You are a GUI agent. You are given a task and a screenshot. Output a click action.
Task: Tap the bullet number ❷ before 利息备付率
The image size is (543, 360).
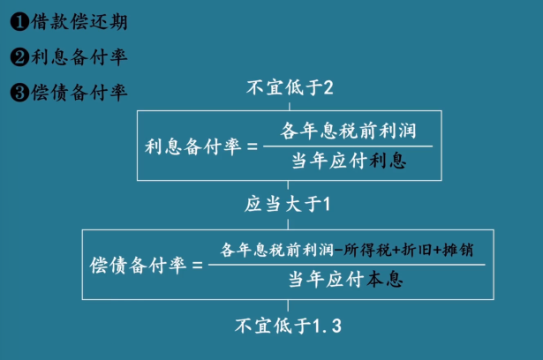click(19, 57)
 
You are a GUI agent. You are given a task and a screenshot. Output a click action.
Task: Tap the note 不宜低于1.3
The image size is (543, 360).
click(288, 326)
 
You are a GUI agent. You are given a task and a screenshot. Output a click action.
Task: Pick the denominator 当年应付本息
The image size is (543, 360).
click(345, 280)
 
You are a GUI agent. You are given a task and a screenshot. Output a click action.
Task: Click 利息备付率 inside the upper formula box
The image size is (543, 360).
click(192, 146)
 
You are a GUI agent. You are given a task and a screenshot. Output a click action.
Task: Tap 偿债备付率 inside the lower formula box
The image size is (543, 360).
click(139, 265)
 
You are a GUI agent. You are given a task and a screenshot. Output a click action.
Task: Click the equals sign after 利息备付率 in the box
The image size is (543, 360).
click(254, 146)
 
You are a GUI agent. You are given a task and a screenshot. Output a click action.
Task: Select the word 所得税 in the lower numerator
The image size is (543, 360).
click(363, 249)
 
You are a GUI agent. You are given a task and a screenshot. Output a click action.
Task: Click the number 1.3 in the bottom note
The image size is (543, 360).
click(327, 326)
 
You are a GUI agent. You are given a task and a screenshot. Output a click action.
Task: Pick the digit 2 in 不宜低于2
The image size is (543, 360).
click(328, 87)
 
